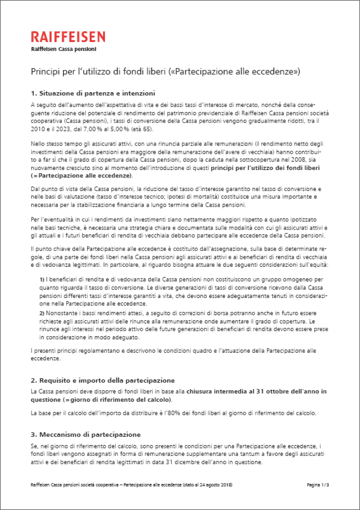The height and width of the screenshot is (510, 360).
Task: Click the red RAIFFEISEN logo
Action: point(68,37)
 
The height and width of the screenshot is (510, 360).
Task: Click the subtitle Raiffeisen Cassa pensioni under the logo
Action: point(63,49)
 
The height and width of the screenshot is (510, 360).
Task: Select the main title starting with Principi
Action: point(165,71)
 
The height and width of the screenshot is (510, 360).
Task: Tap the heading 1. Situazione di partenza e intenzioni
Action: point(93,93)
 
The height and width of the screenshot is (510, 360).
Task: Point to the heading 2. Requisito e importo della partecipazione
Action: point(102,380)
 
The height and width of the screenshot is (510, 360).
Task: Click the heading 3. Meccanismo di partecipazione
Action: point(85,434)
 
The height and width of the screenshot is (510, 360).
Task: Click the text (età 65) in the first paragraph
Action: point(142,129)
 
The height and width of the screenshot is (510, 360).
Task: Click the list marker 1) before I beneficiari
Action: point(42,280)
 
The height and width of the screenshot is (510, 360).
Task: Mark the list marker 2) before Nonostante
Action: point(42,313)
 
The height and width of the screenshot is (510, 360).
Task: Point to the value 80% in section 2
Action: point(174,413)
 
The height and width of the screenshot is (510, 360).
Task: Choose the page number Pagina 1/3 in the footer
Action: point(318,485)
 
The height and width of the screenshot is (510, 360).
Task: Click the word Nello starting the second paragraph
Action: point(37,144)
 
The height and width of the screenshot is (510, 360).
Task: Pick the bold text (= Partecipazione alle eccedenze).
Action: point(81,176)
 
